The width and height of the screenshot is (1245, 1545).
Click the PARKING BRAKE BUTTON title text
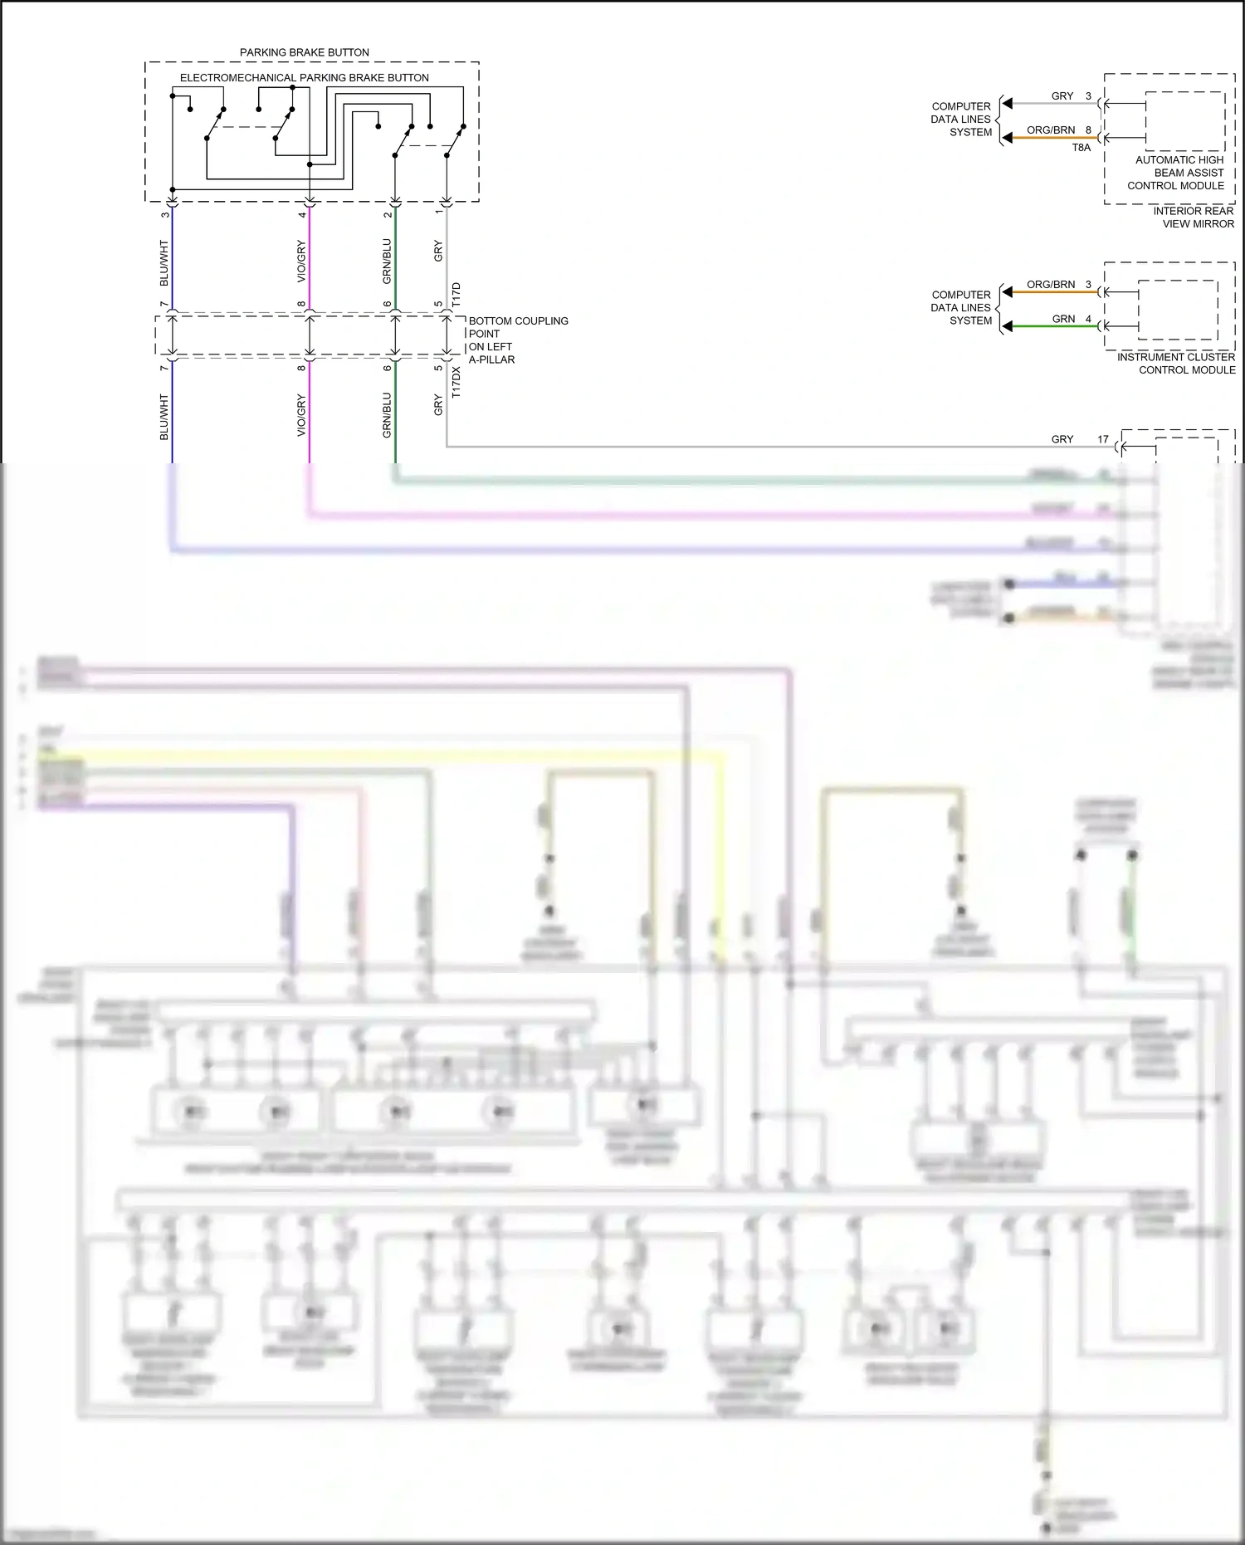coord(305,52)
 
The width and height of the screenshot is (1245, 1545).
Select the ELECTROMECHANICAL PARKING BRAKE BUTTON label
coord(305,78)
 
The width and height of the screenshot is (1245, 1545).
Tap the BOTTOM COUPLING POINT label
coord(518,327)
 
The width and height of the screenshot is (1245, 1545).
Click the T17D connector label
coord(456,295)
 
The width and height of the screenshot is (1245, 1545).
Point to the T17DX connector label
coord(456,382)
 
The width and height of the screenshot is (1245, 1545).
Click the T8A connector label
coord(1081,148)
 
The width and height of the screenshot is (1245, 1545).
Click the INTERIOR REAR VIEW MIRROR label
coord(1193,218)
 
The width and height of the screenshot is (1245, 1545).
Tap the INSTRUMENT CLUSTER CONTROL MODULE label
coord(1176,364)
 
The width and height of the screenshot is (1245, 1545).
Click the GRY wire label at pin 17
coord(1062,439)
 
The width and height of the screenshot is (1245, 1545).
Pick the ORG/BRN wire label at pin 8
coord(1051,130)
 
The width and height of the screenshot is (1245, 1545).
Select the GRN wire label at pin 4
coord(1063,319)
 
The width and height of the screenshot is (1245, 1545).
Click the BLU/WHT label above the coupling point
coord(164,263)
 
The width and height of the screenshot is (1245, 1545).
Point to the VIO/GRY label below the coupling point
coord(301,415)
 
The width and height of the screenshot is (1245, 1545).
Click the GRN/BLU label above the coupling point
coord(387,262)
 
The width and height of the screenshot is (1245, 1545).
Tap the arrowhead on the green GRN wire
coord(1007,326)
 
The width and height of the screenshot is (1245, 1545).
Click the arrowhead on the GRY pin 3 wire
coord(1007,104)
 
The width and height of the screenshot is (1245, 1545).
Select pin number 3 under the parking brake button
coord(165,214)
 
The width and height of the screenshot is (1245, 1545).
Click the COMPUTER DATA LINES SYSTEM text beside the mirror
coord(961,120)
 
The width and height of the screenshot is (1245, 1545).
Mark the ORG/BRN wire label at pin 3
coord(1051,285)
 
